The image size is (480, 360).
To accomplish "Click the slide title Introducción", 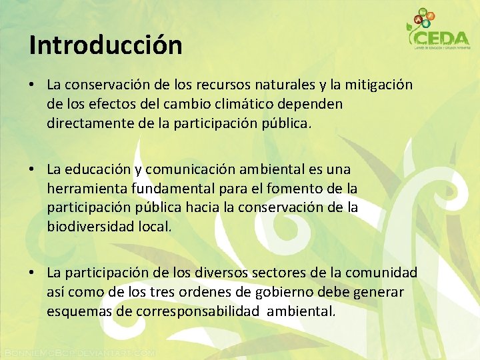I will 105,45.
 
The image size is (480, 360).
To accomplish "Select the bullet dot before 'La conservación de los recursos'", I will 32,86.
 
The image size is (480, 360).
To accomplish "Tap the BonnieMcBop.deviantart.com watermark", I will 79,352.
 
